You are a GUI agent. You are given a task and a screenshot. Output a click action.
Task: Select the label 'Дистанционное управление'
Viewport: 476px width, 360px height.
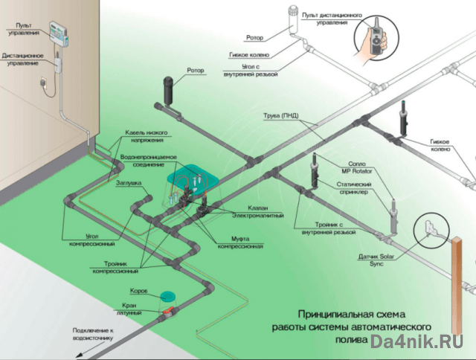click(23, 59)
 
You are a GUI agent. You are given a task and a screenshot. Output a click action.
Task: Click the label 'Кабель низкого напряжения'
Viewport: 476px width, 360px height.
click(145, 135)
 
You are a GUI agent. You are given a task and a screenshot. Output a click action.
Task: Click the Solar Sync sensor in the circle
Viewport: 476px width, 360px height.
click(429, 228)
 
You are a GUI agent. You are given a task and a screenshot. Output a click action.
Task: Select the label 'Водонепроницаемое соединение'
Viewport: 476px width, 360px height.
click(149, 161)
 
